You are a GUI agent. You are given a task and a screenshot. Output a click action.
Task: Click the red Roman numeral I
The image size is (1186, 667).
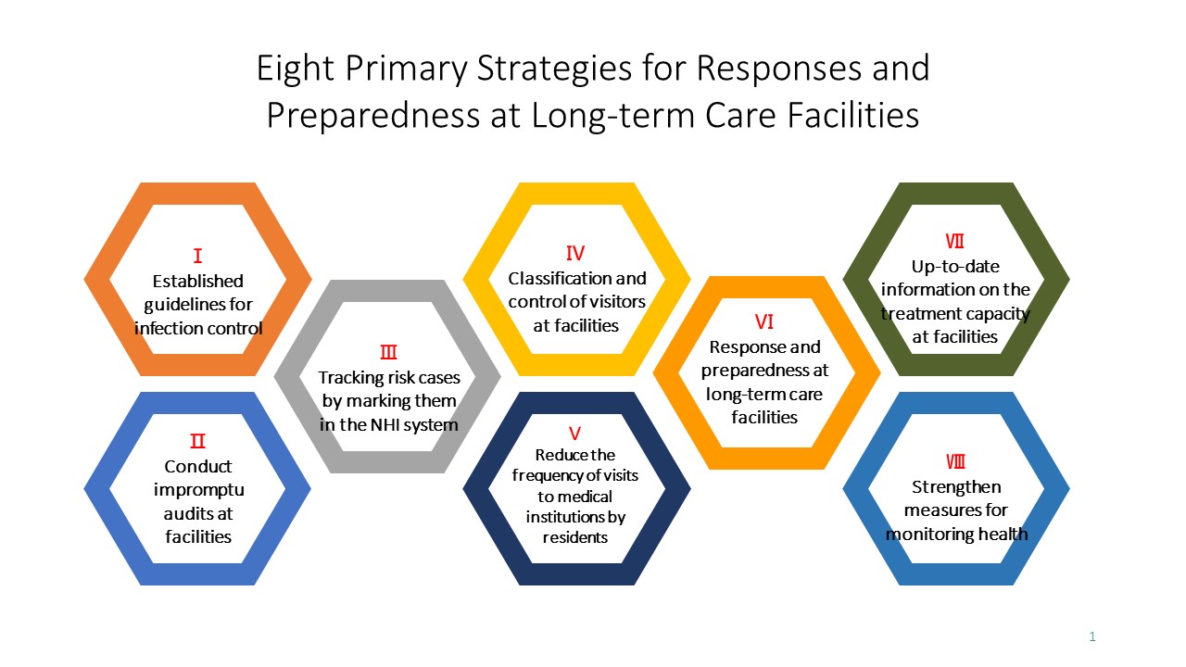[x=197, y=257]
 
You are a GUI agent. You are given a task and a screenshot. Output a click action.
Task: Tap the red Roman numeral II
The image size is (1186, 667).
[x=197, y=441]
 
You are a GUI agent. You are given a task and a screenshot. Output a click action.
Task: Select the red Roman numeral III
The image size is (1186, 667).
[x=388, y=352]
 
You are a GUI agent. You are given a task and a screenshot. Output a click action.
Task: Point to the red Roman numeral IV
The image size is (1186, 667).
[x=575, y=253]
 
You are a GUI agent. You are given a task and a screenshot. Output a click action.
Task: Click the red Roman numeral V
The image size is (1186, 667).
[x=575, y=434]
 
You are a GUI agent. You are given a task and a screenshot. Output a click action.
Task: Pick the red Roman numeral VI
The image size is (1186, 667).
[x=764, y=321]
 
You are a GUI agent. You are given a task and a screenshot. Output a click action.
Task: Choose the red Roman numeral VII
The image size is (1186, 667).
[x=954, y=242]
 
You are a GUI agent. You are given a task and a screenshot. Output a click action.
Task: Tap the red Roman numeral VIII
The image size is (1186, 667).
[x=955, y=461]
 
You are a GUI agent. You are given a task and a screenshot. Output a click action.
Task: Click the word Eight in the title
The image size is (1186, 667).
[x=296, y=69]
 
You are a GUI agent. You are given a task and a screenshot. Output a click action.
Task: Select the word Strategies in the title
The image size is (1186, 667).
[x=554, y=69]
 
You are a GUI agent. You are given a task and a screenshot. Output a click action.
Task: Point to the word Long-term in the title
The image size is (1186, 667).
[x=612, y=116]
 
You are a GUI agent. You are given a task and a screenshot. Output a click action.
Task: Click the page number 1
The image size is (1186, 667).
[x=1092, y=636]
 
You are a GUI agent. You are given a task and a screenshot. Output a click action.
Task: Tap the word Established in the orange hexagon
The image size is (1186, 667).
[x=198, y=281]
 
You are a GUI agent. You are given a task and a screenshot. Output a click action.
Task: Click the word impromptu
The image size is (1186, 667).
[x=199, y=490]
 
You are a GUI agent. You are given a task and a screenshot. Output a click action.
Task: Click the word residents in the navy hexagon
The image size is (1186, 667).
[x=575, y=537]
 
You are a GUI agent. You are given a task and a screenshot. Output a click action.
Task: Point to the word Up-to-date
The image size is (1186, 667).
[x=955, y=266]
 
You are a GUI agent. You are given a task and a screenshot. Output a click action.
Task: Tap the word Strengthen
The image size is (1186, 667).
[x=956, y=486]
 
